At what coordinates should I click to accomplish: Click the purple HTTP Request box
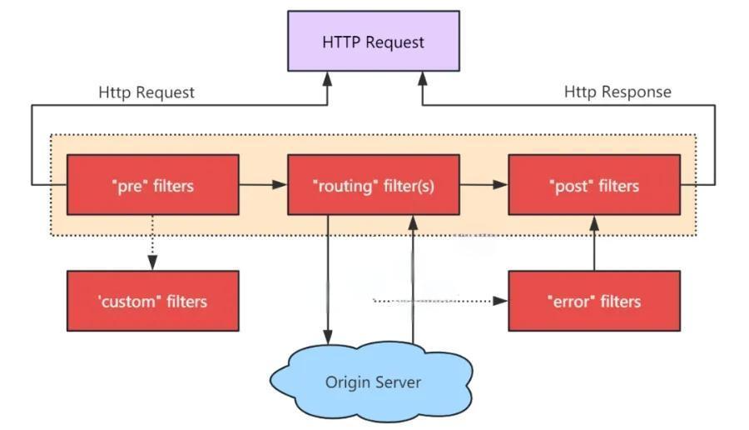click(374, 41)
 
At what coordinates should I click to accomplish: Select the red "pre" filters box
click(153, 185)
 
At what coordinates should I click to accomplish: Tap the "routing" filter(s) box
click(374, 185)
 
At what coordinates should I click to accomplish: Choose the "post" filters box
click(594, 185)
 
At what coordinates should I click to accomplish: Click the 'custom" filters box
click(153, 301)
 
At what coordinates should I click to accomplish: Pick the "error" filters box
click(594, 301)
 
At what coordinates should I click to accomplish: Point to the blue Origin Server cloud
click(372, 382)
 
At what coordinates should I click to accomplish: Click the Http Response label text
click(618, 92)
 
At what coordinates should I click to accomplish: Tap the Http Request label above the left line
click(146, 92)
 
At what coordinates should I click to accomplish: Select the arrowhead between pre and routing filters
click(280, 185)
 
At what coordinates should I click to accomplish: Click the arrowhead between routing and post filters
click(500, 185)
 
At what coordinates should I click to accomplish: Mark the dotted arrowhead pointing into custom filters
click(152, 262)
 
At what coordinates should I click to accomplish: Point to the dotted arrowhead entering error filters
click(500, 301)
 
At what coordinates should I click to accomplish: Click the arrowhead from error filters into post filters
click(594, 222)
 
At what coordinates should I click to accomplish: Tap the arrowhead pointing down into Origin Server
click(328, 337)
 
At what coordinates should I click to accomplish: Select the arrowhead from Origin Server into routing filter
click(413, 222)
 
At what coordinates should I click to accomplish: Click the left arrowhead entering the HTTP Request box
click(327, 79)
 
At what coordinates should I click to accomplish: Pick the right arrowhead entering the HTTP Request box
click(422, 79)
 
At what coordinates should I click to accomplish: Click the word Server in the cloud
click(398, 382)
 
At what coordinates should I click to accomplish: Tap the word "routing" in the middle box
click(342, 186)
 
